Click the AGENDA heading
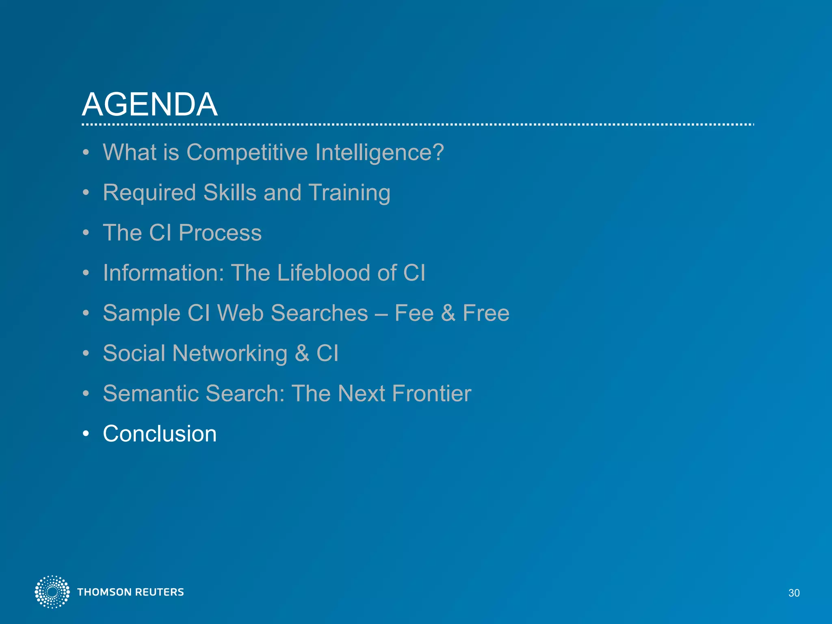(149, 104)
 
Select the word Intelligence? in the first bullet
(379, 153)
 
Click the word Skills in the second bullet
(230, 193)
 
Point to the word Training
(349, 193)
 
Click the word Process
(220, 233)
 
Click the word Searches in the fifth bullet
(319, 313)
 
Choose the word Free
(486, 313)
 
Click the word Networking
(230, 353)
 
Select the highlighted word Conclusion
(160, 434)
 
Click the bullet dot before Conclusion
(86, 434)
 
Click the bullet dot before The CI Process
(86, 233)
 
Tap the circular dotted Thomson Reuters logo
(52, 592)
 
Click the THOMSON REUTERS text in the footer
(130, 592)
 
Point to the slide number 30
(794, 593)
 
